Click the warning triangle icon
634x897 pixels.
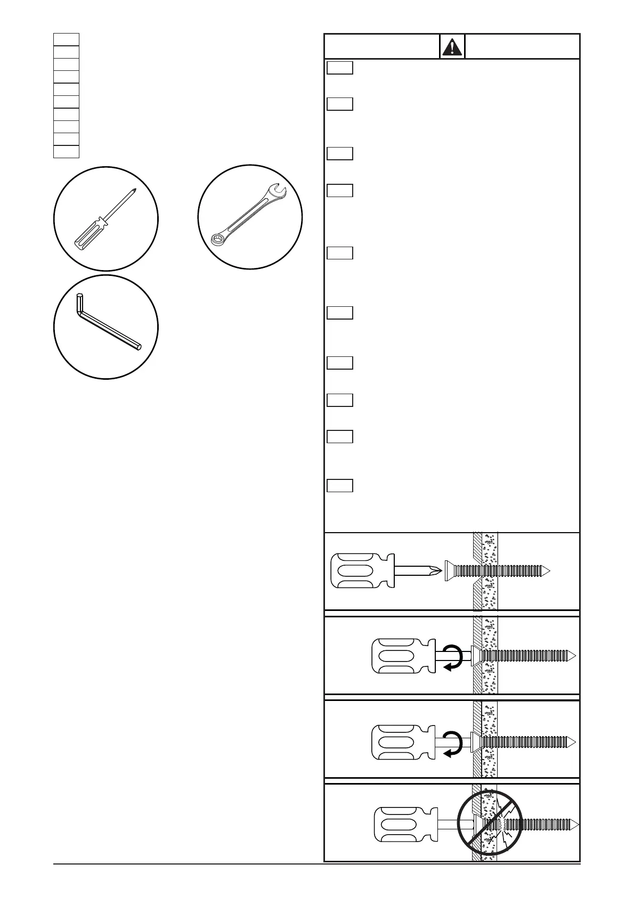click(452, 46)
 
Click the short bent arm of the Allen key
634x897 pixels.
click(80, 306)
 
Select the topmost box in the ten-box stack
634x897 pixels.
click(66, 39)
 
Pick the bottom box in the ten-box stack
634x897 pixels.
click(66, 151)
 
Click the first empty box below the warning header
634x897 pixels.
click(340, 68)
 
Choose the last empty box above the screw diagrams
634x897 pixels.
click(340, 485)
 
